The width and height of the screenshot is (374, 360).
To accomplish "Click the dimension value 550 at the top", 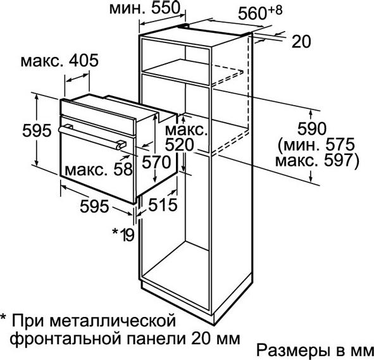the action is pyautogui.click(x=166, y=8).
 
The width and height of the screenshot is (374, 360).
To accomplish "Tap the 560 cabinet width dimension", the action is pyautogui.click(x=252, y=13).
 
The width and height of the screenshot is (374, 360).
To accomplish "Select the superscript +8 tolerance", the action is pyautogui.click(x=275, y=10).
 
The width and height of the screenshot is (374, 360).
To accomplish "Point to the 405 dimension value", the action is pyautogui.click(x=84, y=60).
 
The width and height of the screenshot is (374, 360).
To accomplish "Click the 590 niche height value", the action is pyautogui.click(x=311, y=128).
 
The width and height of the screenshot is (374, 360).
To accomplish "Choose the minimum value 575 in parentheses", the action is pyautogui.click(x=340, y=144).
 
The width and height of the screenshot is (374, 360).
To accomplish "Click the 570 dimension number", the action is pyautogui.click(x=156, y=162).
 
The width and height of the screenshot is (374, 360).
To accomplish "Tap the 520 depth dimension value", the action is pyautogui.click(x=179, y=145).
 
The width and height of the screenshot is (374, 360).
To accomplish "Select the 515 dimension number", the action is pyautogui.click(x=163, y=205).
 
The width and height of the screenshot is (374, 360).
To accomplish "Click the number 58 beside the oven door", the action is pyautogui.click(x=123, y=170).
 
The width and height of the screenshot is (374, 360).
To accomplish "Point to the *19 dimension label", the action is pyautogui.click(x=123, y=234).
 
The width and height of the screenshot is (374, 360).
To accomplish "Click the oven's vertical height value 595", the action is pyautogui.click(x=37, y=130).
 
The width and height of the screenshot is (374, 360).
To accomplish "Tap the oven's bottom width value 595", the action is pyautogui.click(x=94, y=206).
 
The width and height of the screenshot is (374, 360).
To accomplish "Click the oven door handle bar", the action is pyautogui.click(x=92, y=138).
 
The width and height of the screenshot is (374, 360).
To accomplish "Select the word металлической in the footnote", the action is pyautogui.click(x=113, y=321).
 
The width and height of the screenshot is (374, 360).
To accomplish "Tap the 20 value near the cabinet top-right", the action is pyautogui.click(x=301, y=42).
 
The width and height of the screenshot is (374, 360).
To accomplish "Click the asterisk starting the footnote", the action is pyautogui.click(x=3, y=318).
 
